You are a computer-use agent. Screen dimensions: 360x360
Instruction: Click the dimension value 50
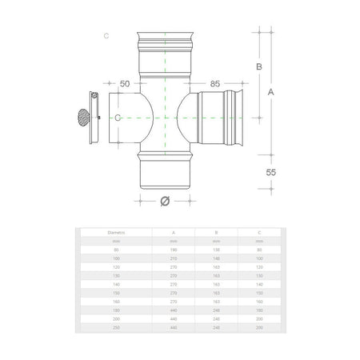click(124, 83)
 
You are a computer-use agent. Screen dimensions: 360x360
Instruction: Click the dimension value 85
click(214, 83)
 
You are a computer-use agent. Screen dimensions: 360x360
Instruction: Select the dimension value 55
click(272, 171)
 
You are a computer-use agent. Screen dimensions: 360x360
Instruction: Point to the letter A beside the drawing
click(271, 92)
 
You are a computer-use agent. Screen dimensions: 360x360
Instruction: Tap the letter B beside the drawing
click(258, 67)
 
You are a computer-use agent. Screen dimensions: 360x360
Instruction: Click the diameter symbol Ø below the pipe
click(164, 201)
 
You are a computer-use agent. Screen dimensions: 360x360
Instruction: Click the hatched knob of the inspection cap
click(82, 118)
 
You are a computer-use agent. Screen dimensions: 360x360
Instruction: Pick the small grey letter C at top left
click(106, 36)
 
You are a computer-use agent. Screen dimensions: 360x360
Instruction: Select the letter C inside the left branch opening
click(118, 118)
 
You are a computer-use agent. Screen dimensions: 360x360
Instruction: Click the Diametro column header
click(117, 233)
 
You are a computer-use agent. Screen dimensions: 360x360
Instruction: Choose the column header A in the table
click(174, 233)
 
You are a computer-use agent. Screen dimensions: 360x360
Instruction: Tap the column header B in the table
click(216, 233)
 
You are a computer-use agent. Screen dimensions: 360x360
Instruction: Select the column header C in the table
click(258, 233)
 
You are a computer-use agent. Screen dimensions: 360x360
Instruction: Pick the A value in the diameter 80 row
click(174, 250)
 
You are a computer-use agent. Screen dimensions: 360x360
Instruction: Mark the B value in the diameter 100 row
click(216, 258)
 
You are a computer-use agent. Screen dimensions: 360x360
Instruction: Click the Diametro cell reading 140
click(117, 283)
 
